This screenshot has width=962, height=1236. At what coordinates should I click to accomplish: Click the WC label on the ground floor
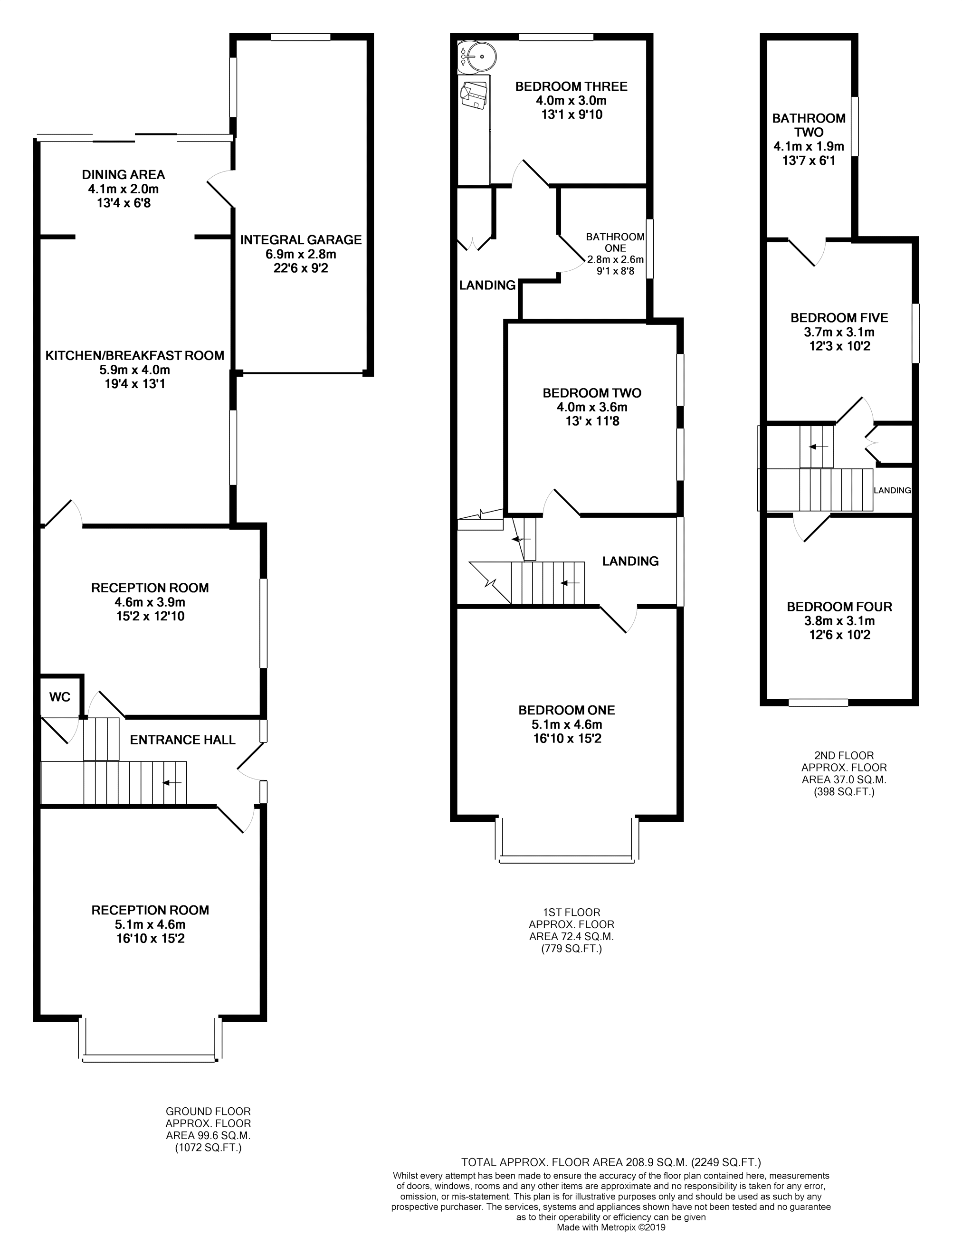(x=59, y=697)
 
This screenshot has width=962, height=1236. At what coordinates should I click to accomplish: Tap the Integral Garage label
(x=301, y=240)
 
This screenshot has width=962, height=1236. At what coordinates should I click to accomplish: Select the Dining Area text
(x=124, y=175)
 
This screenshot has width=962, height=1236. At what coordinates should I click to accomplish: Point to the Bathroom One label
(x=615, y=242)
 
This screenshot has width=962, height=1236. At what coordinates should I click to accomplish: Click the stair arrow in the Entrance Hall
(x=172, y=783)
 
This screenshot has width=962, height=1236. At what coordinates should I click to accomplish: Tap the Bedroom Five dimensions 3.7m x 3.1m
(x=839, y=332)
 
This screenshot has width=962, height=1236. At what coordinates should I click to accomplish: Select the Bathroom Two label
(x=809, y=125)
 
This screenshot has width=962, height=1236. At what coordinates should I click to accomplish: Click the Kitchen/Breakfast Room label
(x=135, y=356)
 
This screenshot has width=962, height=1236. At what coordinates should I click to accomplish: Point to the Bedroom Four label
(x=839, y=607)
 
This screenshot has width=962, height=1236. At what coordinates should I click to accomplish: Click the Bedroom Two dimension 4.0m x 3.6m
(x=592, y=407)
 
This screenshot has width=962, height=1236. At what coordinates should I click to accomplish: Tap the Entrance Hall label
(x=182, y=740)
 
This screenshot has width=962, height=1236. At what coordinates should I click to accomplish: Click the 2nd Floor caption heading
(x=844, y=756)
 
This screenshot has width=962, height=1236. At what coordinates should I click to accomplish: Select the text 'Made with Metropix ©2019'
(x=611, y=1227)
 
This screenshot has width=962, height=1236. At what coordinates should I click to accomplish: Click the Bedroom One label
(x=566, y=710)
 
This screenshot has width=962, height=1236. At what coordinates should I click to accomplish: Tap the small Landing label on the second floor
(x=892, y=491)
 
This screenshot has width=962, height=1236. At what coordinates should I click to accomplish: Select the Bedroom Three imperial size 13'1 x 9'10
(x=571, y=115)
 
